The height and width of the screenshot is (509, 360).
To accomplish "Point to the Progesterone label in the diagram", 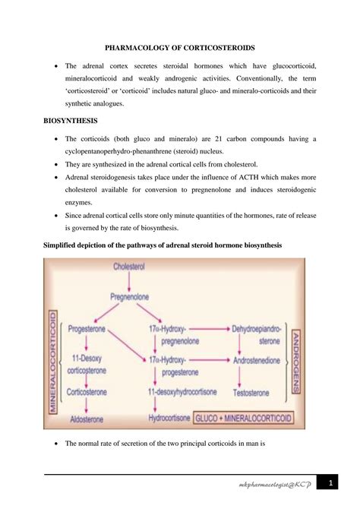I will click(x=87, y=330).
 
